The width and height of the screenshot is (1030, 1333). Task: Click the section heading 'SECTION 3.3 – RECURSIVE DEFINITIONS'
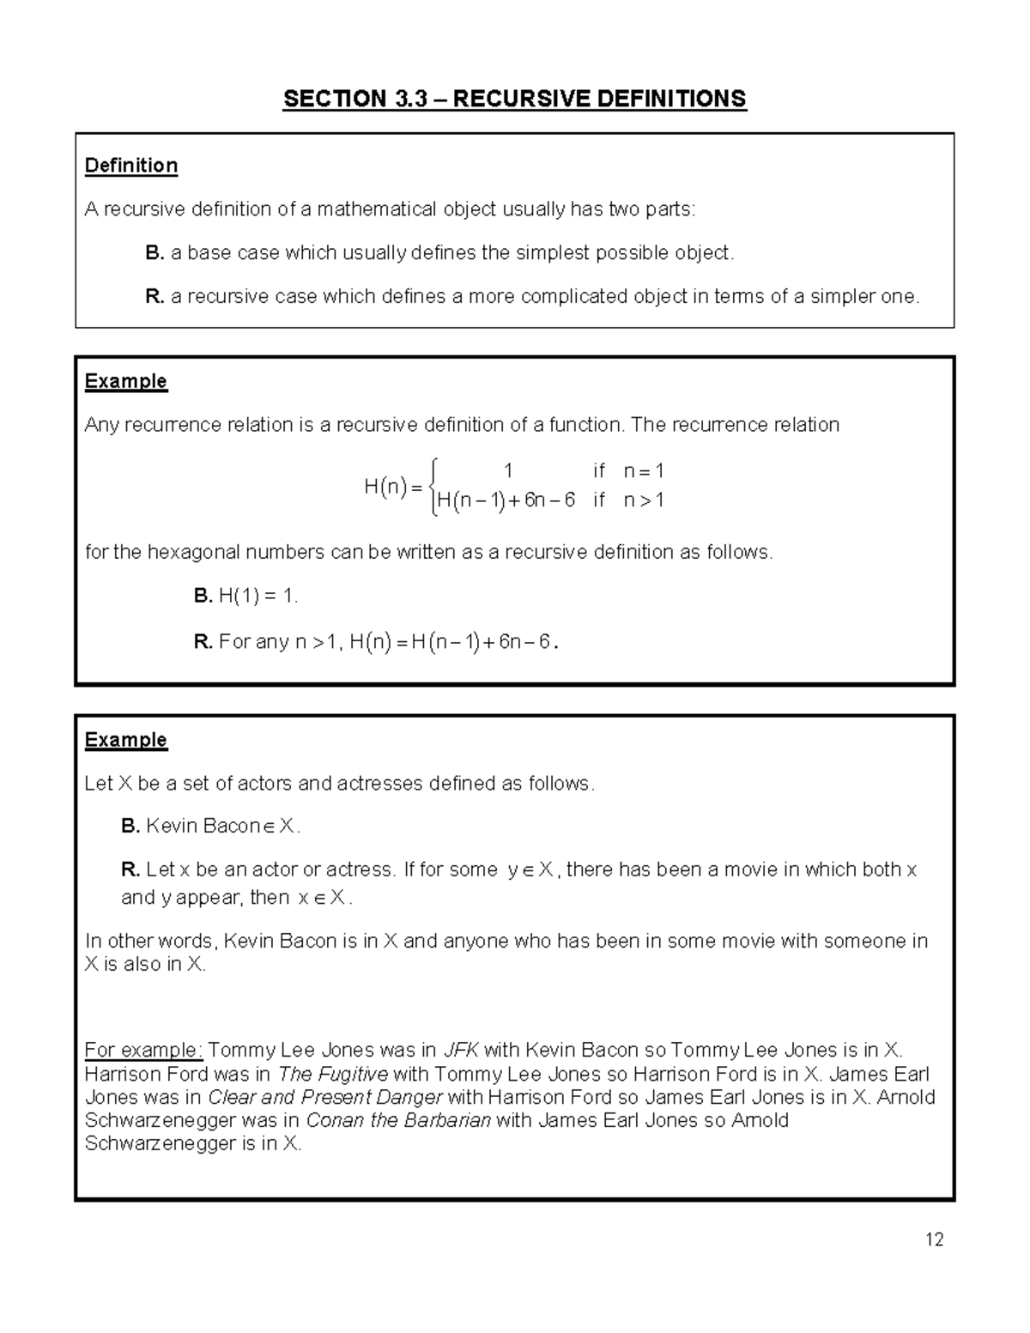[x=515, y=100]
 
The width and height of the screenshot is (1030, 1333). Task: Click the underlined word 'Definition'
[x=131, y=166]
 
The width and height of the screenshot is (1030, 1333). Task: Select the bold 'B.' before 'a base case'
[x=154, y=253]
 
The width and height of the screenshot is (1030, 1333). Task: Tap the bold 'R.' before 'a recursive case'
[x=154, y=297]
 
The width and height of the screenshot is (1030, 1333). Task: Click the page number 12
[x=935, y=1239]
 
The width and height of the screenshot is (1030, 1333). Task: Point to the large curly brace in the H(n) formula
[x=434, y=487]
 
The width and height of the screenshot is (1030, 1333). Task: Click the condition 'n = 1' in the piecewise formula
[x=644, y=471]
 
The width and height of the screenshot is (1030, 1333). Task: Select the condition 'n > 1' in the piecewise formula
[x=644, y=500]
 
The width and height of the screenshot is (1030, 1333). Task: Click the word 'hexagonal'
[x=193, y=553]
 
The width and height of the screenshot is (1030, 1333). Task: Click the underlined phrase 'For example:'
[x=143, y=1051]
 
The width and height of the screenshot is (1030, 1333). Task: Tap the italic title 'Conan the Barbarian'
[x=398, y=1121]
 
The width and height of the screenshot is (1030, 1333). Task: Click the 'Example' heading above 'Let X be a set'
[x=126, y=740]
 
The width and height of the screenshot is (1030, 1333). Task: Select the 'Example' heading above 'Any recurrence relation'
[x=126, y=381]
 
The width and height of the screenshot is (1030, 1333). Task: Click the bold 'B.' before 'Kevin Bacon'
[x=130, y=827]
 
